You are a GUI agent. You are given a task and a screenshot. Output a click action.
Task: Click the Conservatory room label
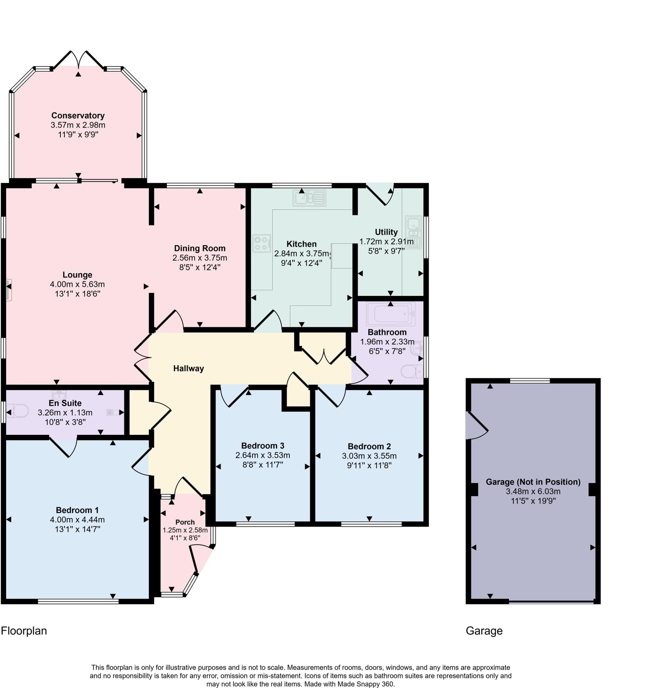(x=78, y=116)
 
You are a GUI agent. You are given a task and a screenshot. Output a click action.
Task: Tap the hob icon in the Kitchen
(x=262, y=243)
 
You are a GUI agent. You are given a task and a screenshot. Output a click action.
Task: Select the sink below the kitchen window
(x=309, y=198)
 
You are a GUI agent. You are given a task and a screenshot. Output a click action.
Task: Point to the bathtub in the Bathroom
(x=390, y=314)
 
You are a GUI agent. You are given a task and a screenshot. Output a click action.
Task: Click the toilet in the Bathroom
(x=412, y=371)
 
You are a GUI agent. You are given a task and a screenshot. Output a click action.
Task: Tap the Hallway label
(x=189, y=369)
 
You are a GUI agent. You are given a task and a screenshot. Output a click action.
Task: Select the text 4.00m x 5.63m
(x=77, y=284)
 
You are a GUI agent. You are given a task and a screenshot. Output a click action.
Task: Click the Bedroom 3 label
(x=263, y=446)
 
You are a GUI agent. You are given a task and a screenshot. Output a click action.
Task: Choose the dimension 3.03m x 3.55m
(x=369, y=456)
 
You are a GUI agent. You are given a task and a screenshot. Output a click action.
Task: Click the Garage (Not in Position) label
(x=533, y=482)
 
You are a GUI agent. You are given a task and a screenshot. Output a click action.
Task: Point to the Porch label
(x=185, y=522)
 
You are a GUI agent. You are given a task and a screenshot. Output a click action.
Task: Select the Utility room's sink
(x=413, y=232)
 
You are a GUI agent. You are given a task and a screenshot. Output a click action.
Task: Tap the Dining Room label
(x=200, y=248)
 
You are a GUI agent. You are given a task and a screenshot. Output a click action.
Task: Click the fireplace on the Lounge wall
(x=9, y=290)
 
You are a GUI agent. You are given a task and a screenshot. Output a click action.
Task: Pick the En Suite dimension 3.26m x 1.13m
(x=65, y=412)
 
